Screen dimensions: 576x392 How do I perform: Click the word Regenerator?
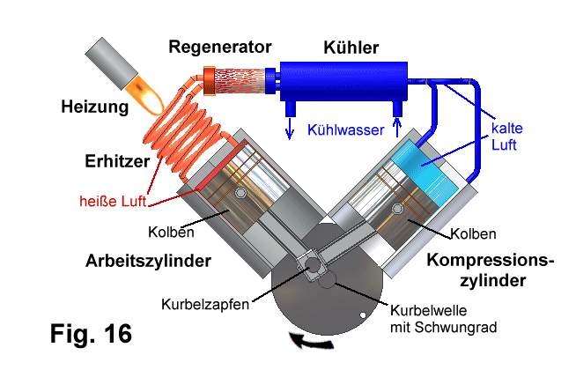pyautogui.click(x=219, y=48)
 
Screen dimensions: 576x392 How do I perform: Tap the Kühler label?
pyautogui.click(x=351, y=48)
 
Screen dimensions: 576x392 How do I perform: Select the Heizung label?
pyautogui.click(x=95, y=107)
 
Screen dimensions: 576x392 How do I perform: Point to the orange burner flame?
pyautogui.click(x=144, y=94)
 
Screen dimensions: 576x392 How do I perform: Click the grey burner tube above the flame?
pyautogui.click(x=112, y=63)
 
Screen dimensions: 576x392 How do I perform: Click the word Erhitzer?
pyautogui.click(x=117, y=161)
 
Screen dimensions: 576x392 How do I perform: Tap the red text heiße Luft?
pyautogui.click(x=113, y=202)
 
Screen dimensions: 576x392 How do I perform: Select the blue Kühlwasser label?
pyautogui.click(x=345, y=130)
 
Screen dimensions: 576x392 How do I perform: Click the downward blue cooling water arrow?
pyautogui.click(x=290, y=129)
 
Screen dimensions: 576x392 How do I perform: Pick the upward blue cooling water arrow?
pyautogui.click(x=397, y=127)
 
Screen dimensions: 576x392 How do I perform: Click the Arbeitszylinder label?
pyautogui.click(x=148, y=261)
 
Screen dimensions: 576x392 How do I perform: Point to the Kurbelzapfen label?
pyautogui.click(x=205, y=304)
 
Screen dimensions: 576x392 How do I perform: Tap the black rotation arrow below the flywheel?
pyautogui.click(x=312, y=342)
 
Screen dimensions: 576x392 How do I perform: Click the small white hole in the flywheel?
pyautogui.click(x=363, y=315)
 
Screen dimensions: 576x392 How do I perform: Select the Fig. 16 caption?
pyautogui.click(x=91, y=334)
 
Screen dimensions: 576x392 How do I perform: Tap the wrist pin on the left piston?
pyautogui.click(x=240, y=193)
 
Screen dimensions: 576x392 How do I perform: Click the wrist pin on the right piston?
pyautogui.click(x=397, y=209)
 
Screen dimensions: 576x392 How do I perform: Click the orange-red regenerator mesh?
pyautogui.click(x=240, y=81)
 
